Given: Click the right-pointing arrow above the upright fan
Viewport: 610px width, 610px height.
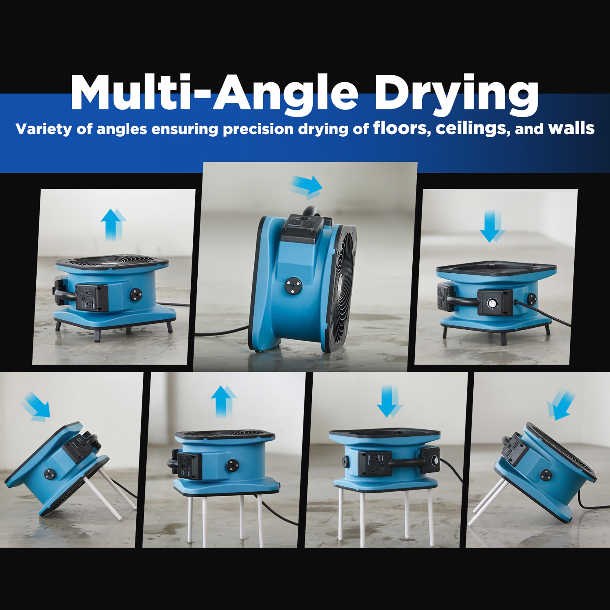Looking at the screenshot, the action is click(306, 187).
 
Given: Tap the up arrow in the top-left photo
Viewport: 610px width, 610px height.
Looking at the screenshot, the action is click(114, 224).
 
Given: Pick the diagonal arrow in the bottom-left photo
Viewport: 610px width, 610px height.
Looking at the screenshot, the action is click(36, 407).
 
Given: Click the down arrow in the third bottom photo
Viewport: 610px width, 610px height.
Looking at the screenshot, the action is click(389, 401).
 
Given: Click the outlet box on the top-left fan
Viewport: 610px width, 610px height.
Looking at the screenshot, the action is click(92, 297).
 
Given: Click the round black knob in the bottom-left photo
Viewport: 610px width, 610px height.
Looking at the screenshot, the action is click(49, 474).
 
